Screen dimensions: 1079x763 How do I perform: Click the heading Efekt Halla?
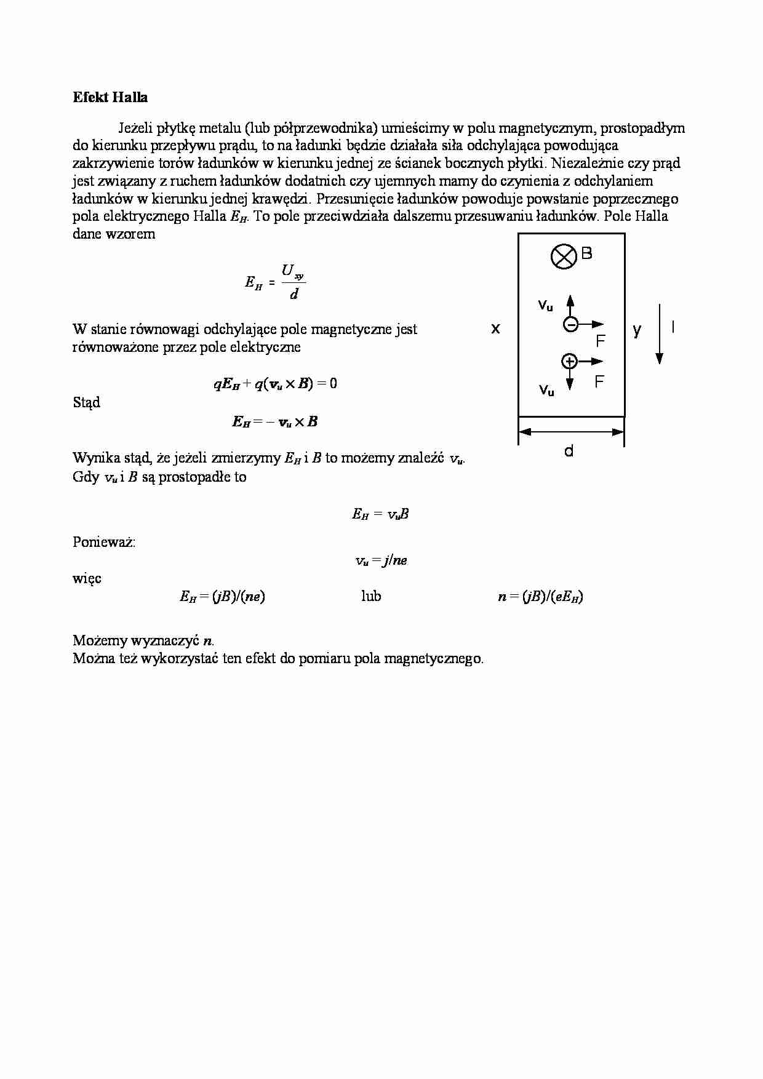tap(110, 97)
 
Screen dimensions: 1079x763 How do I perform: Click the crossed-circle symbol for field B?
tap(563, 256)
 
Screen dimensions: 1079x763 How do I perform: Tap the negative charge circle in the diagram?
tap(570, 324)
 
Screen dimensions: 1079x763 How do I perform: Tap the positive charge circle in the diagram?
tap(569, 361)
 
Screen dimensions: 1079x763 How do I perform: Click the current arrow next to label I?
tap(660, 333)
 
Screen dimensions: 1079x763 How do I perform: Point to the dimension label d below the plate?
tap(569, 452)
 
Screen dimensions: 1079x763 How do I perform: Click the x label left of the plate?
tap(495, 329)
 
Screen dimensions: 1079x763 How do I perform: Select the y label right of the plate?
tap(637, 330)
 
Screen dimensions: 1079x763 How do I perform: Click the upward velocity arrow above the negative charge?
tap(570, 306)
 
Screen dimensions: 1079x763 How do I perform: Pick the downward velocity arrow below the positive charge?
tap(570, 379)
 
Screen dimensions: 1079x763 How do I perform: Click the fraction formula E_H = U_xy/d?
tap(275, 282)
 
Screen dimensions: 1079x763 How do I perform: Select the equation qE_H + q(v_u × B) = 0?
tap(275, 384)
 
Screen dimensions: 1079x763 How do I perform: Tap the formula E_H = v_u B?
tap(380, 514)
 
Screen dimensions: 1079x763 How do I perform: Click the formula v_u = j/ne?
tap(381, 560)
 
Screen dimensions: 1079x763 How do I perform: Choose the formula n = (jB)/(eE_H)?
tap(540, 596)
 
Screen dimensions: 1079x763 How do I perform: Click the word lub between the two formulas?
tap(371, 596)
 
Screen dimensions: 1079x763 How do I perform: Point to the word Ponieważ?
tap(104, 542)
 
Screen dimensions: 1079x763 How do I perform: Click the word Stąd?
tap(86, 403)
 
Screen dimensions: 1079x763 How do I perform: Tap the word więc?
tap(87, 578)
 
